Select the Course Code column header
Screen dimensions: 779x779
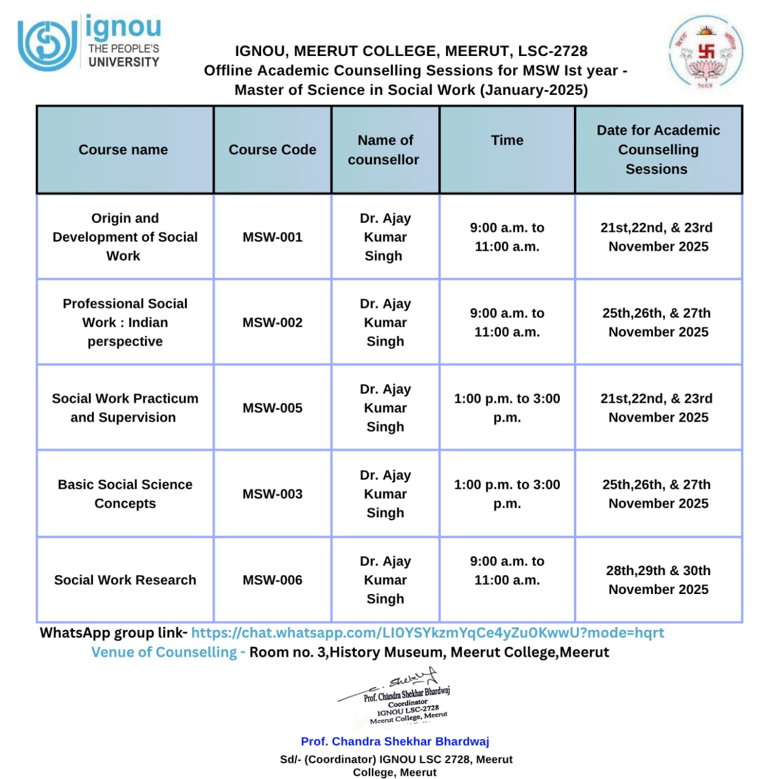(x=272, y=150)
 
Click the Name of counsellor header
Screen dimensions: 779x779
(x=385, y=150)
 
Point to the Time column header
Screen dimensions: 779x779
(x=507, y=141)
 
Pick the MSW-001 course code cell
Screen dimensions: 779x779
(x=272, y=237)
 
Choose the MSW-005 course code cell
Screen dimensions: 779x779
(x=272, y=408)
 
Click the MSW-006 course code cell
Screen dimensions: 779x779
(x=272, y=580)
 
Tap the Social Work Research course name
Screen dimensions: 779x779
(x=125, y=580)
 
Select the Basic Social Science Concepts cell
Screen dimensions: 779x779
(x=125, y=494)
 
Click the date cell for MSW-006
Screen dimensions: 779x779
(x=658, y=580)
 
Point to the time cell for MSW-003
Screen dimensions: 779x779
(x=507, y=494)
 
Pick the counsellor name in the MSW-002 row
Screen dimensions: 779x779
(x=385, y=323)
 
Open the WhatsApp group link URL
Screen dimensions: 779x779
(x=427, y=633)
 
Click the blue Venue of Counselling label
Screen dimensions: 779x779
(x=168, y=652)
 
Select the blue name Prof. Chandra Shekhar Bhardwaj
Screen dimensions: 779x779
(x=395, y=741)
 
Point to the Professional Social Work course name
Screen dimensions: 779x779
(x=125, y=323)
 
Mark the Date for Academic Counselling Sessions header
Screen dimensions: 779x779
(x=658, y=150)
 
